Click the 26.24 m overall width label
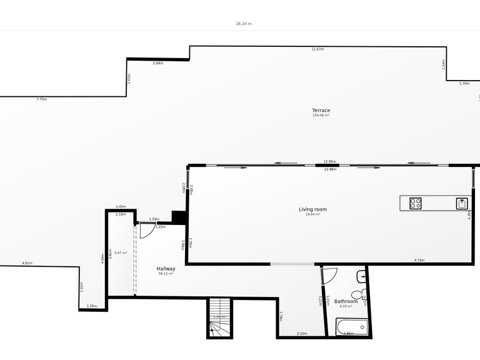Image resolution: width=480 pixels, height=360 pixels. click(x=244, y=24)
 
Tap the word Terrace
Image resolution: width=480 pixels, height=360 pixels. click(x=321, y=111)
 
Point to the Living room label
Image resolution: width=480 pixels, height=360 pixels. click(x=312, y=209)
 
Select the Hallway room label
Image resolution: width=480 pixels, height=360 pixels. click(x=166, y=269)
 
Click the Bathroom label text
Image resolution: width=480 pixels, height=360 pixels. click(x=346, y=301)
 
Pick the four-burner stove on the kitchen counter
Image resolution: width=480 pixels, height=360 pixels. click(x=416, y=203)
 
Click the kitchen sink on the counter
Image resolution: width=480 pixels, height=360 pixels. click(x=462, y=203)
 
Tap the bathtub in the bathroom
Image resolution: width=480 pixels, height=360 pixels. click(x=352, y=327)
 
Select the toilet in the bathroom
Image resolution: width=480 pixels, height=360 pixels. click(x=358, y=294)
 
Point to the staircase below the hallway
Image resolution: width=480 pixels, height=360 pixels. click(x=219, y=318)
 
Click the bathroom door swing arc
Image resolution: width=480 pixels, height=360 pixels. click(x=330, y=274)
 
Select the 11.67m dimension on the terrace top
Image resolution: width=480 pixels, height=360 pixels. click(x=317, y=49)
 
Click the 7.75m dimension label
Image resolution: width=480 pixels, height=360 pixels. click(x=41, y=99)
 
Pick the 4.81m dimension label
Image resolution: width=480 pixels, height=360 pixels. click(x=27, y=263)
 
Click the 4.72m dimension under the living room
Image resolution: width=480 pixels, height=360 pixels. click(x=419, y=260)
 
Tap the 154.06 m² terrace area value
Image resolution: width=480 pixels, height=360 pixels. click(x=321, y=116)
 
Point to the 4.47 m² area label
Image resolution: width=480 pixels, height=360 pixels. click(x=121, y=252)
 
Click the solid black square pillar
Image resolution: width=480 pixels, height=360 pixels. click(x=179, y=217)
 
